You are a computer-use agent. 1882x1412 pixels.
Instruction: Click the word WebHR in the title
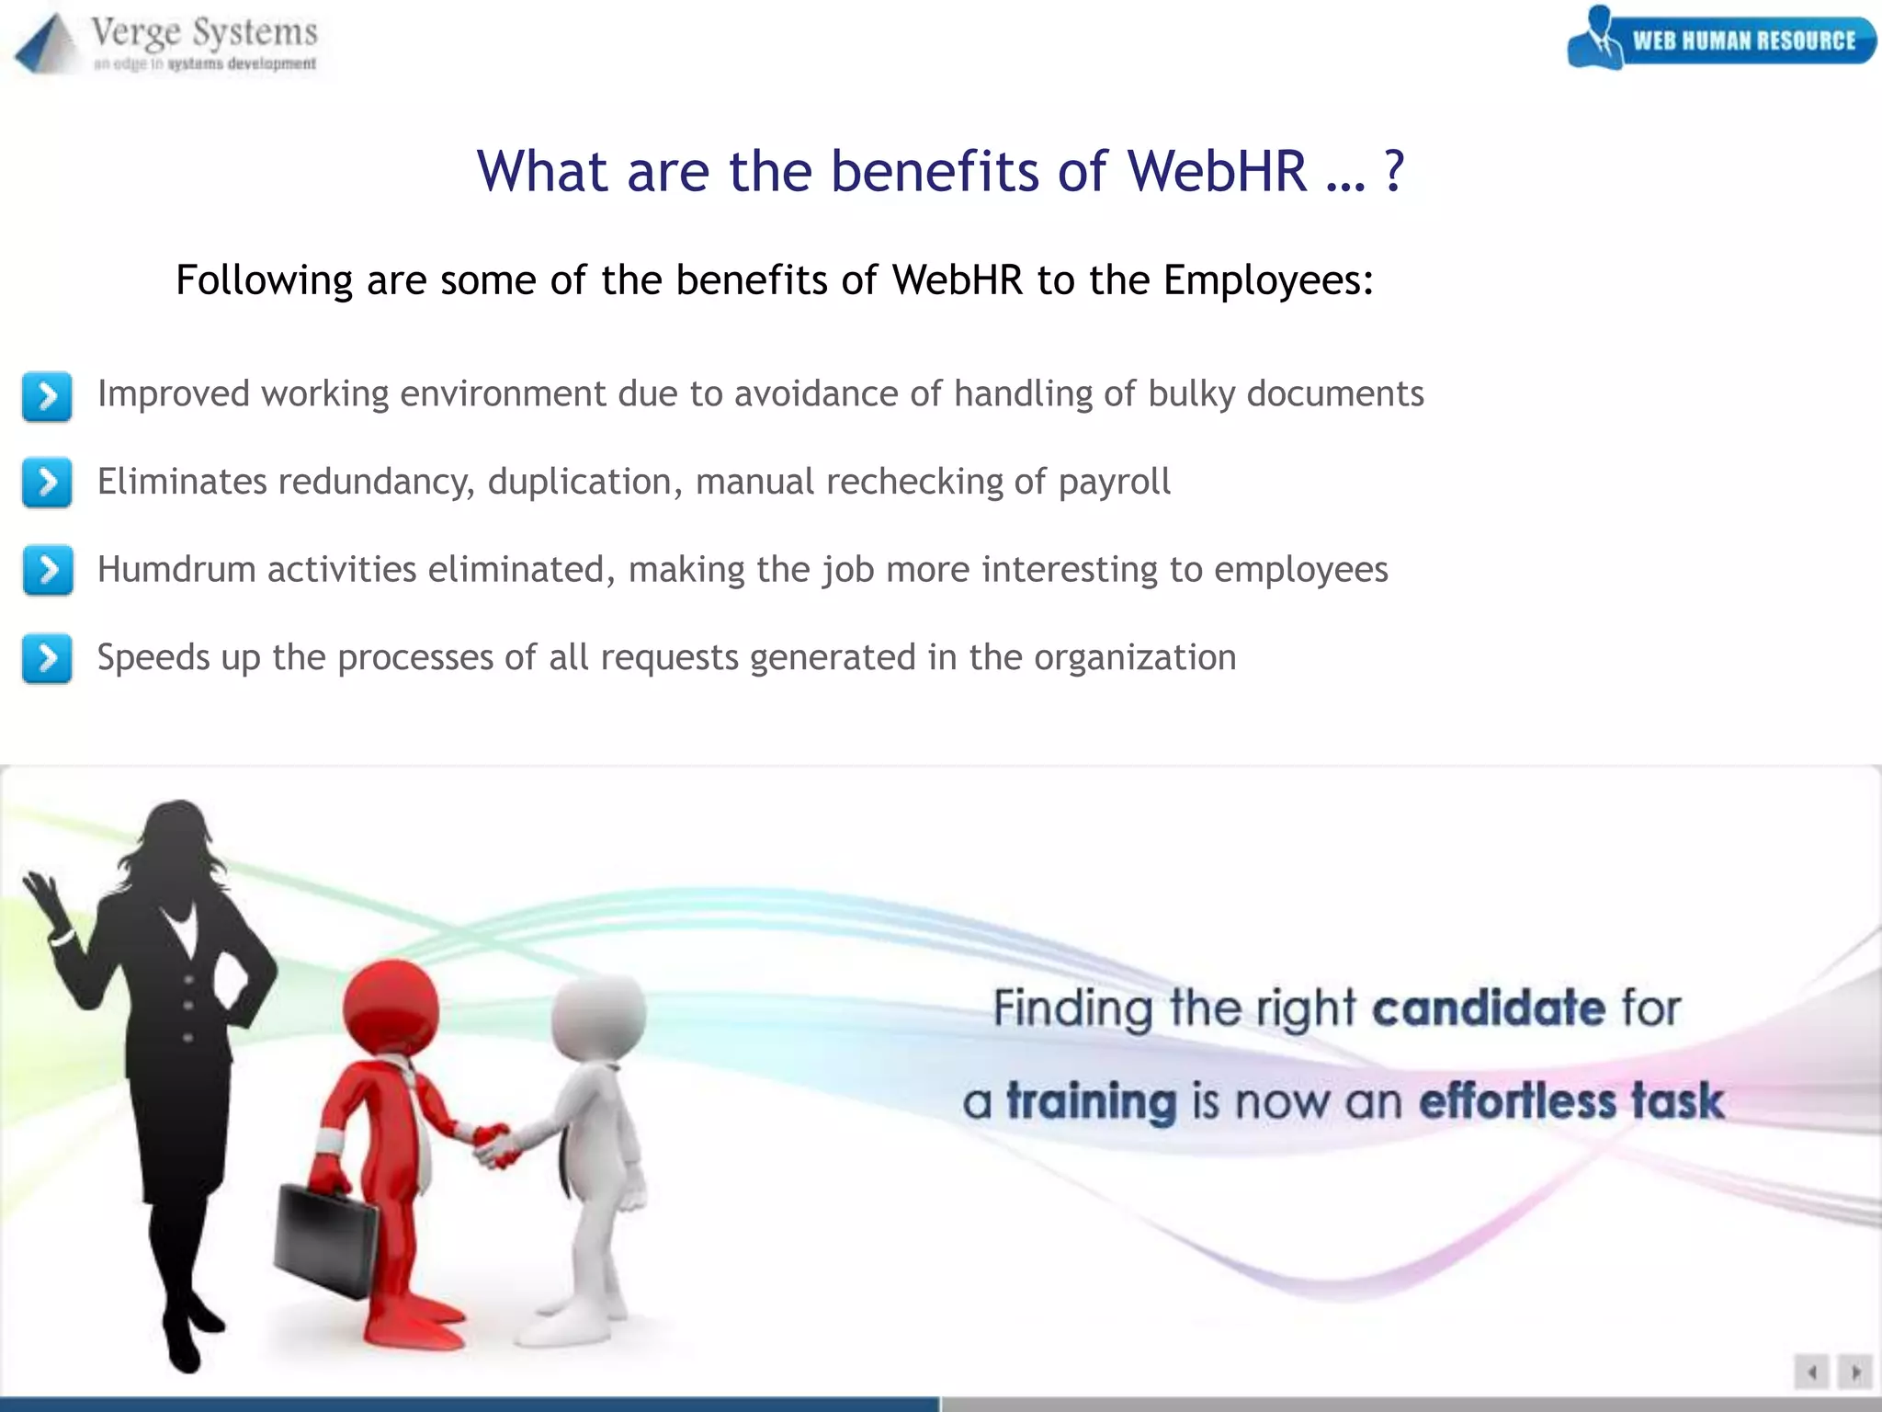pyautogui.click(x=1217, y=171)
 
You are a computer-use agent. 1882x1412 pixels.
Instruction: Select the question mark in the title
pyautogui.click(x=1394, y=171)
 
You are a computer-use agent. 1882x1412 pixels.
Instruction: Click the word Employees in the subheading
pyautogui.click(x=1268, y=280)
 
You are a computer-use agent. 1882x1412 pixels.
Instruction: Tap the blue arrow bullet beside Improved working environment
pyautogui.click(x=47, y=396)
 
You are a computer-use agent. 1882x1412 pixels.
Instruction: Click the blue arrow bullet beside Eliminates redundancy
pyautogui.click(x=47, y=483)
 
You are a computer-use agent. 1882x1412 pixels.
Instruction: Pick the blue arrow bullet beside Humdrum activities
pyautogui.click(x=47, y=570)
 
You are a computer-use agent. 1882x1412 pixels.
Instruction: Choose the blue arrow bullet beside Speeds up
pyautogui.click(x=47, y=658)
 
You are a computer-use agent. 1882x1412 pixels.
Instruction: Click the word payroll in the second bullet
pyautogui.click(x=1114, y=483)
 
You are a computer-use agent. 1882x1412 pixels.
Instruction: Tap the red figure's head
pyautogui.click(x=391, y=1008)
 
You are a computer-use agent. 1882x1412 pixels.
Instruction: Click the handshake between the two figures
pyautogui.click(x=496, y=1145)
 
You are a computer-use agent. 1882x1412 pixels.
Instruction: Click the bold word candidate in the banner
pyautogui.click(x=1489, y=1008)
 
